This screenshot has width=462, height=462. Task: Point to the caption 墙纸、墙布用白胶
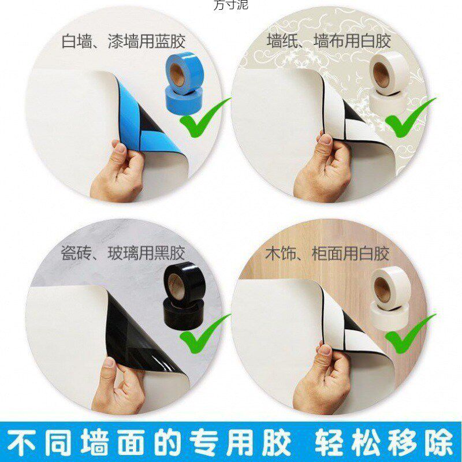(329, 41)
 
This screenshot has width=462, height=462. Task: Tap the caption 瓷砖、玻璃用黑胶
(124, 254)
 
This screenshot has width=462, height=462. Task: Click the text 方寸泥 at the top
(230, 5)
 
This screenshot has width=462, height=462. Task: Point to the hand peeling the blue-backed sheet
(118, 170)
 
